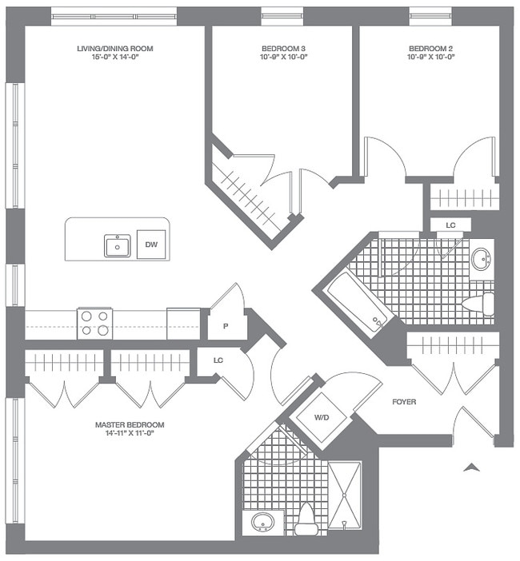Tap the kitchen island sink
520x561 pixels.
point(118,245)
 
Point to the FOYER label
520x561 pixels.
point(404,402)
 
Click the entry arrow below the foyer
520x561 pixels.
point(473,467)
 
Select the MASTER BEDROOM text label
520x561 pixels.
point(129,424)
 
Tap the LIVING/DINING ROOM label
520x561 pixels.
point(114,49)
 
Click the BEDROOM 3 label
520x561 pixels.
point(284,49)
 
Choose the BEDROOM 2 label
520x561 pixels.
point(431,49)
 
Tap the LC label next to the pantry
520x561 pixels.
point(218,360)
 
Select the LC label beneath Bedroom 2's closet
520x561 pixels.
point(450,225)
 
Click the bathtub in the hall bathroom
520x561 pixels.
point(357,303)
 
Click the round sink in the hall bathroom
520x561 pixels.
point(481,258)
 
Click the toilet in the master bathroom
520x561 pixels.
point(306,519)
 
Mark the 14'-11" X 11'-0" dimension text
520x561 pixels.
point(129,434)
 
